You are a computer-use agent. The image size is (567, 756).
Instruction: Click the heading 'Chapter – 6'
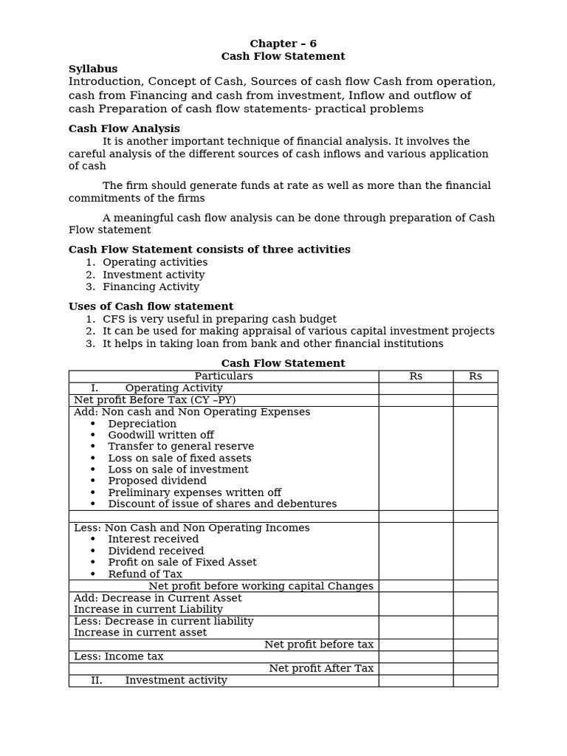coord(283,44)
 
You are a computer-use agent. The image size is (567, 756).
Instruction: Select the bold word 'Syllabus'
coord(93,69)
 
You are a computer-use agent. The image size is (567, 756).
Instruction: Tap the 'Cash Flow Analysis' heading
coord(124,128)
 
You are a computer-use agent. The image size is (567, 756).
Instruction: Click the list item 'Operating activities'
coord(155,262)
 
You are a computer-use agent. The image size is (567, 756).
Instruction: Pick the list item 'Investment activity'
coord(154,275)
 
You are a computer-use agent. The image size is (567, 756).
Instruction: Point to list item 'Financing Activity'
coord(151,286)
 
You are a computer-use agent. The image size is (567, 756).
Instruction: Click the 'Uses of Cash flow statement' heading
coord(151,306)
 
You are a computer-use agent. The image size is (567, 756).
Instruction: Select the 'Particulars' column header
coord(223,376)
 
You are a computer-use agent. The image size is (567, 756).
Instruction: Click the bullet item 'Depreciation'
coord(142,424)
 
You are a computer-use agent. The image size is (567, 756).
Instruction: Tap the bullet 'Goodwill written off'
coord(160,435)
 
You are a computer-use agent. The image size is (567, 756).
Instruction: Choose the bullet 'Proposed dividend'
coord(157,481)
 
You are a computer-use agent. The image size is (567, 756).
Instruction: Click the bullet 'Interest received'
coord(153,539)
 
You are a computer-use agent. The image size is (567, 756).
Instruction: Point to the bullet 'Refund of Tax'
coord(145,574)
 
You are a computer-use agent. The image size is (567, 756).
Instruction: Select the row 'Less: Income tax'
coord(118,656)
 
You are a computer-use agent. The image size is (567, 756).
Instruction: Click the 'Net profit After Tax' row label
coord(321,668)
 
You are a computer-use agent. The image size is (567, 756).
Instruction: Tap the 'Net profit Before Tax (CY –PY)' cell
coord(154,400)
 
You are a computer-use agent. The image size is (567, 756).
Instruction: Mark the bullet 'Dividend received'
coord(156,551)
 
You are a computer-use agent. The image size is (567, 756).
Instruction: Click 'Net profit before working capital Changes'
coord(261,585)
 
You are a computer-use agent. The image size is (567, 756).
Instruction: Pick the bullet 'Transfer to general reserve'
coord(181,446)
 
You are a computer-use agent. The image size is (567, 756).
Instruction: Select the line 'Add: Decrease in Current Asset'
coord(157,597)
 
